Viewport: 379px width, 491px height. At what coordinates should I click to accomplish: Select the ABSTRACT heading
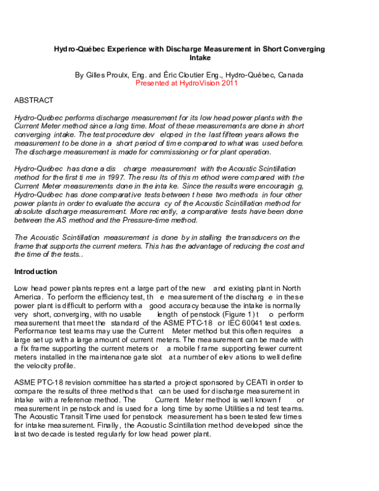pyautogui.click(x=33, y=101)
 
